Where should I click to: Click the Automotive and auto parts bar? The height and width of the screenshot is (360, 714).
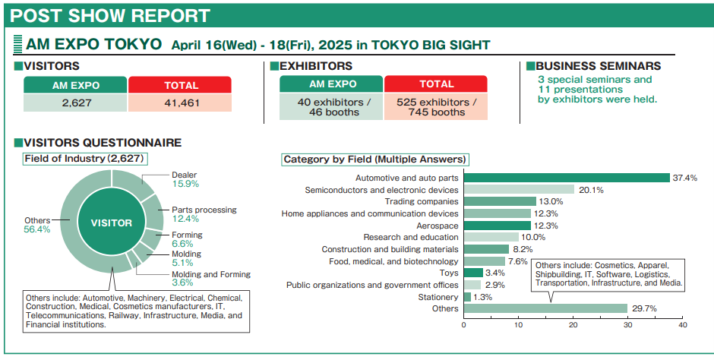tap(567, 178)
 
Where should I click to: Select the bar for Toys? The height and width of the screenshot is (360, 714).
tap(473, 273)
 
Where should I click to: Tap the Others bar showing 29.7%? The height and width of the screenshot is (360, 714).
tap(545, 308)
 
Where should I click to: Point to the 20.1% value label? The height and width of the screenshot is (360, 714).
tap(591, 190)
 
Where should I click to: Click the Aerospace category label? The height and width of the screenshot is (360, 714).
tap(437, 226)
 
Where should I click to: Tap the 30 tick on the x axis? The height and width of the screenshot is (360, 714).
tap(628, 325)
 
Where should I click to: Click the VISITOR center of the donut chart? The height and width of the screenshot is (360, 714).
tap(112, 223)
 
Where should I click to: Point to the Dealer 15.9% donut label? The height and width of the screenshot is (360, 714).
tap(185, 179)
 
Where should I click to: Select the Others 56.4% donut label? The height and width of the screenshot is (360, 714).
tap(37, 225)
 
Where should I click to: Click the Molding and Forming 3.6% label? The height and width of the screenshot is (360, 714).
tap(210, 279)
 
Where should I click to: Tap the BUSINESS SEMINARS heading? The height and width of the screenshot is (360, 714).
tap(598, 66)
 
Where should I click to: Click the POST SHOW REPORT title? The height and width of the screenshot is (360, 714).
tap(111, 15)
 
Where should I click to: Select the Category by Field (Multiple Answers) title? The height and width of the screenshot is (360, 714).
tap(374, 159)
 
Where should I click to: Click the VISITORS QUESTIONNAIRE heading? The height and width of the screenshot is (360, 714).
tap(98, 142)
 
